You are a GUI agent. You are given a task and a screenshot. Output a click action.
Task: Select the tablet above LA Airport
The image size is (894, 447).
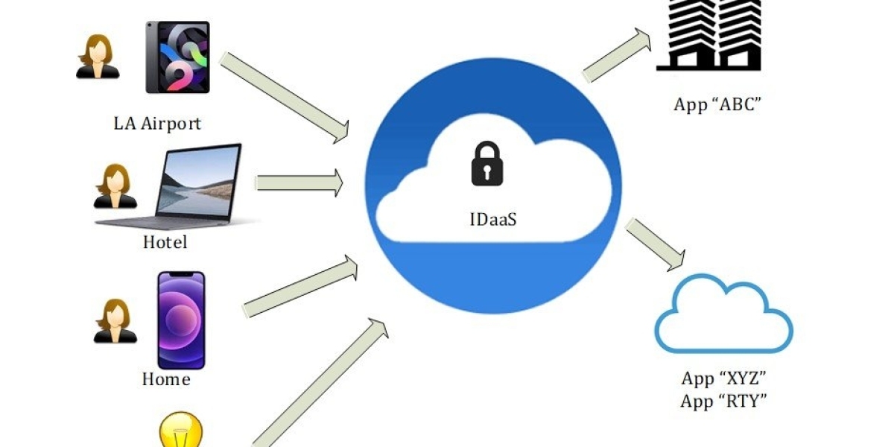pyautogui.click(x=177, y=57)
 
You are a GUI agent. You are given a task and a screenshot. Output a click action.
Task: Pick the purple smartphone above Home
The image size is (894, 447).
pyautogui.click(x=181, y=320)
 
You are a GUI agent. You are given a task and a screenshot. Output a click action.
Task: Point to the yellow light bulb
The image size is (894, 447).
pyautogui.click(x=181, y=431)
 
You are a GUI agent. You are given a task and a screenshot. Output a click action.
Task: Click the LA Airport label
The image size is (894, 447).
pyautogui.click(x=157, y=123)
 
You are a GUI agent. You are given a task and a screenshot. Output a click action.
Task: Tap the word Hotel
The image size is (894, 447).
pyautogui.click(x=165, y=242)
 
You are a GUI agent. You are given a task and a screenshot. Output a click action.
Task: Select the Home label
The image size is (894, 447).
pyautogui.click(x=166, y=379)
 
